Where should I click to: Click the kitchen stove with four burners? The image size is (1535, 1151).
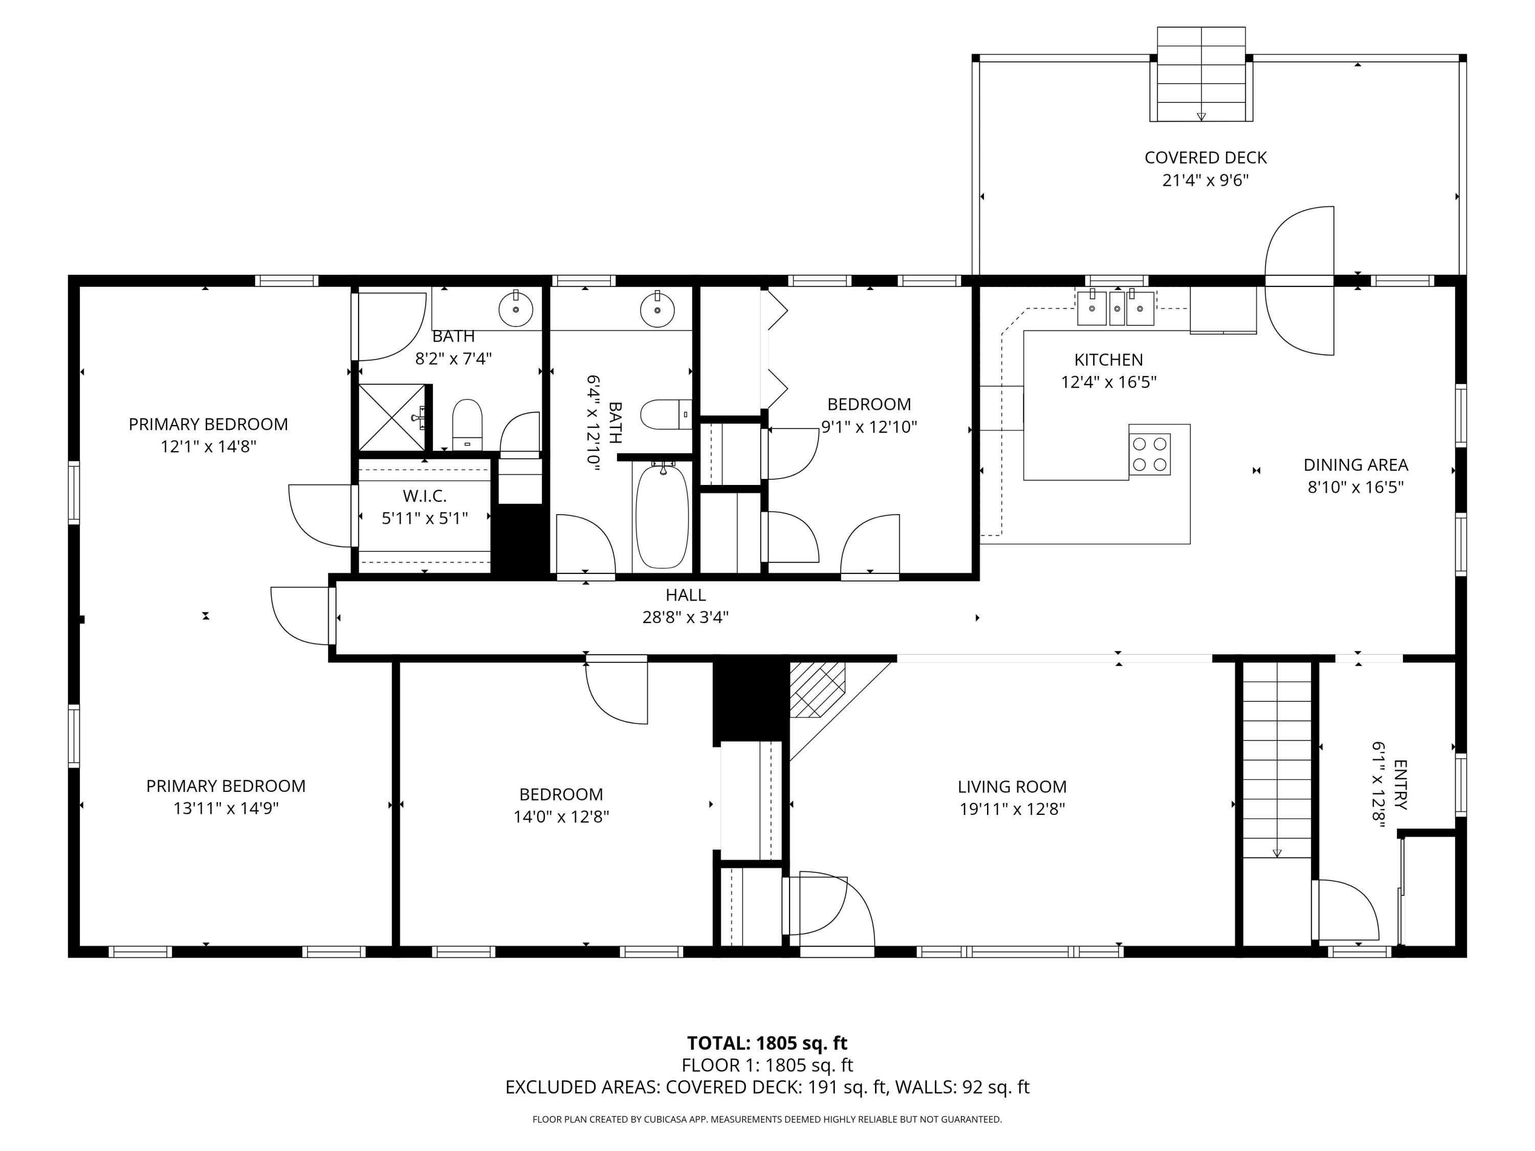(1149, 454)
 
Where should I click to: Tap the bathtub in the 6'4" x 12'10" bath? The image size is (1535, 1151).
(662, 516)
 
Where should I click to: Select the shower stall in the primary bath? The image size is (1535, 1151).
(391, 417)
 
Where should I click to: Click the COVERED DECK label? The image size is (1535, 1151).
(1205, 158)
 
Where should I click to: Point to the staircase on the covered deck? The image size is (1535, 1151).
(1201, 75)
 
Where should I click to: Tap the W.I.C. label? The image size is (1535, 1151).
(425, 496)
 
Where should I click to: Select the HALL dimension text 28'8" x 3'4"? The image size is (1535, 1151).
(685, 617)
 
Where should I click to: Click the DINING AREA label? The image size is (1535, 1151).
(1355, 465)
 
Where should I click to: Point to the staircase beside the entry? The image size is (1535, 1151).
(1276, 760)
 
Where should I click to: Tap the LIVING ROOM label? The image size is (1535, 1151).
(1012, 787)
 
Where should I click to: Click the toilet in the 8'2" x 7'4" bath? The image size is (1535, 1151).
(467, 423)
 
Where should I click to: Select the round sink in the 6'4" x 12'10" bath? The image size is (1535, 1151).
(656, 309)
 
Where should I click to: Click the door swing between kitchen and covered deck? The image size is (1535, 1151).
(1299, 281)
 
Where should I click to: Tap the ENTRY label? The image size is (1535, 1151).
(1400, 785)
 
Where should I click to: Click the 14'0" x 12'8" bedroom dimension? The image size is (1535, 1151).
(561, 816)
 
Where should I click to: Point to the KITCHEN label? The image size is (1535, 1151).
(1108, 360)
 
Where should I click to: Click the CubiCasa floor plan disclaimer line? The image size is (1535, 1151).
(767, 1119)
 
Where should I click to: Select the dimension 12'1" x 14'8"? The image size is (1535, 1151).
(208, 447)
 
